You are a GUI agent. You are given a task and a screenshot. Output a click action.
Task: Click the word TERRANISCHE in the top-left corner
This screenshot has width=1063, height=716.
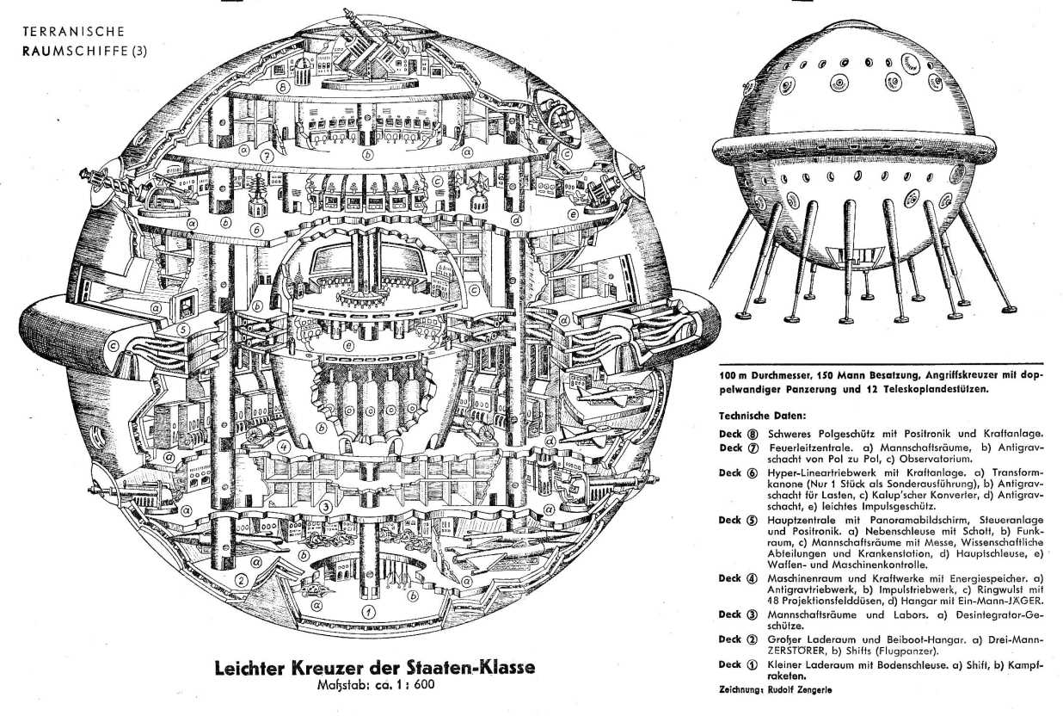(74, 32)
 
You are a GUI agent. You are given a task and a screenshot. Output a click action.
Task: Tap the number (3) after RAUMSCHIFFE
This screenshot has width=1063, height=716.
(138, 51)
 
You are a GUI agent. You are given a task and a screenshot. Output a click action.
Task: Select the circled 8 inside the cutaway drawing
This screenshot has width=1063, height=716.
(284, 88)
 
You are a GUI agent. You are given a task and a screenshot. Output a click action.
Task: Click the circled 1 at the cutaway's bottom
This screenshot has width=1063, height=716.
(368, 611)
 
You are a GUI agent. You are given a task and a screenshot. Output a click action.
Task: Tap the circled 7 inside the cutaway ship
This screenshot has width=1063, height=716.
(267, 155)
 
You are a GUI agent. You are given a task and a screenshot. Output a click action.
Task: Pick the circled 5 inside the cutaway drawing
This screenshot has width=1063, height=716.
(183, 330)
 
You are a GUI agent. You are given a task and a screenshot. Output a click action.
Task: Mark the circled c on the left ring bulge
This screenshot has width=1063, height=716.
(113, 345)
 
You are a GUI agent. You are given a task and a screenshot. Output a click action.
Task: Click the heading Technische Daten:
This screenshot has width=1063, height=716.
(763, 416)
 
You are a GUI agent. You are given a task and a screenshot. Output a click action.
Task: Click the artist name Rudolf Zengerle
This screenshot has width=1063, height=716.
(800, 689)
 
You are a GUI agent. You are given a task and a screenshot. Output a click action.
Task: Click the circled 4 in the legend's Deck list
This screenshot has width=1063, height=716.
(753, 579)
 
